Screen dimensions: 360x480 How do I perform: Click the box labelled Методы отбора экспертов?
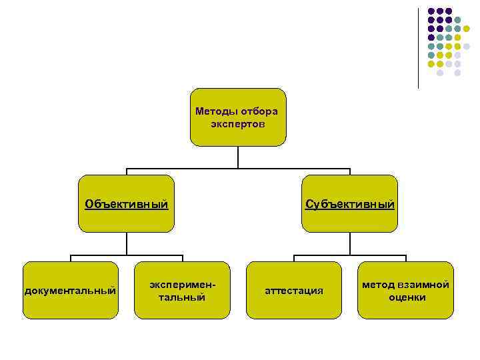pos(238,117)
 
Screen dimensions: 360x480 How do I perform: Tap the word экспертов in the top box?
pos(238,124)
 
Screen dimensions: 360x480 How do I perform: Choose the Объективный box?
pos(126,203)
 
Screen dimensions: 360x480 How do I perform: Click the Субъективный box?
pos(349,203)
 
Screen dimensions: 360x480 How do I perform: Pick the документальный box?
pos(70,290)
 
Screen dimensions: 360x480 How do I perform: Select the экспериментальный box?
pos(181,290)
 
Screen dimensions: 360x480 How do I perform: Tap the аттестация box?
pos(294,290)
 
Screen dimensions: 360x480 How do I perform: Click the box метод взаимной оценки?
pos(405,290)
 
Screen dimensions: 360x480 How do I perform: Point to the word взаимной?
pos(426,285)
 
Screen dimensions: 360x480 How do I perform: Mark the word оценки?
pos(407,297)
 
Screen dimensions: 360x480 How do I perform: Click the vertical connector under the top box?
pos(238,157)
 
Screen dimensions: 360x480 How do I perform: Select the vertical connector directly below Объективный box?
pos(126,243)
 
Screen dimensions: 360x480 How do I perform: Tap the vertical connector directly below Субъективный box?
pos(349,243)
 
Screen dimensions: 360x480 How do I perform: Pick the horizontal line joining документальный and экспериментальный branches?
pos(126,255)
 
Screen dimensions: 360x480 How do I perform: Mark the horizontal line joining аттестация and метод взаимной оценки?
pos(349,255)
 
